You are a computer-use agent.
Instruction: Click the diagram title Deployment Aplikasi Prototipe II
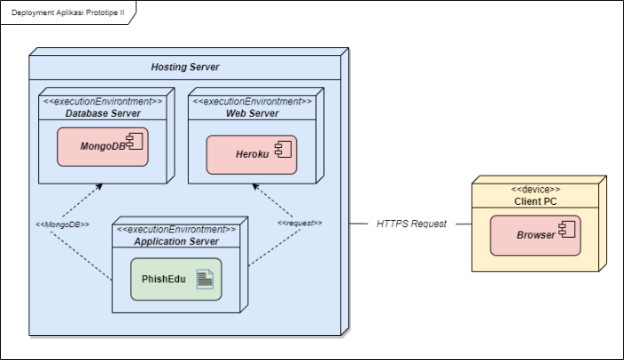pyautogui.click(x=67, y=13)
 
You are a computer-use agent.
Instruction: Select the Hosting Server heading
pyautogui.click(x=184, y=67)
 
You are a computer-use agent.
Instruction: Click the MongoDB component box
pyautogui.click(x=103, y=146)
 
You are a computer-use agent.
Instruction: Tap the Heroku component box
pyautogui.click(x=252, y=154)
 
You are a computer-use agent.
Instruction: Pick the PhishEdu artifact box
pyautogui.click(x=176, y=279)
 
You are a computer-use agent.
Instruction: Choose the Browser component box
pyautogui.click(x=535, y=235)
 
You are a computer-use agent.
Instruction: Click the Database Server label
pyautogui.click(x=103, y=113)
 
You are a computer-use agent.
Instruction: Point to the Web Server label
pyautogui.click(x=252, y=113)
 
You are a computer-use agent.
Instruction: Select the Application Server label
pyautogui.click(x=176, y=241)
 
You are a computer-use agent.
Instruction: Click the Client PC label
pyautogui.click(x=535, y=201)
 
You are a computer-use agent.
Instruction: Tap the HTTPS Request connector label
pyautogui.click(x=411, y=224)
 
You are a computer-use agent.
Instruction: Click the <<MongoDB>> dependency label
pyautogui.click(x=63, y=224)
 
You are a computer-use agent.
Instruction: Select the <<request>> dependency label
pyautogui.click(x=300, y=223)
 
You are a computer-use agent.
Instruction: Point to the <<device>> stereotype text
pyautogui.click(x=535, y=189)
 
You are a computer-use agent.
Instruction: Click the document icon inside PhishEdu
pyautogui.click(x=205, y=280)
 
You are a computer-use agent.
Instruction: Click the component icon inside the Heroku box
pyautogui.click(x=283, y=153)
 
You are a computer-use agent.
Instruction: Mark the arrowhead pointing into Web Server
pyautogui.click(x=254, y=187)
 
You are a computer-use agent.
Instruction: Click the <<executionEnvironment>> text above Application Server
pyautogui.click(x=176, y=229)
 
